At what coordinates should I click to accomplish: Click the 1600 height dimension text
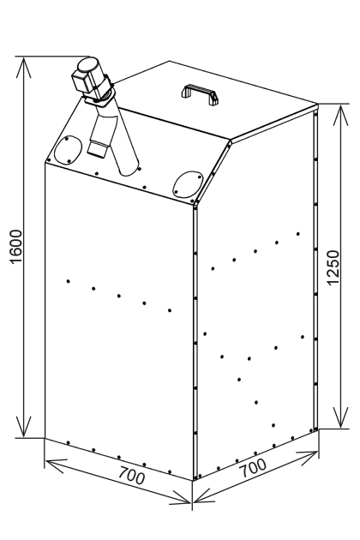tap(16, 247)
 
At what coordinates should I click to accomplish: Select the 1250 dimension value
tap(333, 268)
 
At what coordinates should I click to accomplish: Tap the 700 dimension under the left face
tap(132, 475)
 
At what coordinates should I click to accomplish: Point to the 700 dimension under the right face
tap(253, 468)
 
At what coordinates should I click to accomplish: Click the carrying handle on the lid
tap(201, 93)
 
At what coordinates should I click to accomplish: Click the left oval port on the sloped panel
tap(68, 150)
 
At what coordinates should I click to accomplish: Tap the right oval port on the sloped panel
tap(188, 184)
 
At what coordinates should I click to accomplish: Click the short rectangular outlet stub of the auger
tap(98, 147)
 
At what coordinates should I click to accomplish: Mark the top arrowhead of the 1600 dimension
tap(23, 67)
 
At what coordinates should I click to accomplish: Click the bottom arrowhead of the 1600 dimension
tap(23, 427)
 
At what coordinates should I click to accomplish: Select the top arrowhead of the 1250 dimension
tap(340, 115)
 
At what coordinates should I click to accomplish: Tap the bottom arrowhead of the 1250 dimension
tap(340, 418)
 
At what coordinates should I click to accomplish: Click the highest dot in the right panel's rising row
tap(298, 234)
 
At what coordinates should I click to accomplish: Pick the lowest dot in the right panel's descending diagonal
tap(273, 425)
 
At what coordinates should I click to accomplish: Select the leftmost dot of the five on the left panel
tap(69, 281)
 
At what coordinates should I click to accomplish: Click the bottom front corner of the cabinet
tap(193, 480)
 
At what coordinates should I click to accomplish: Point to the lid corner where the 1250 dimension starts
tap(318, 105)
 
